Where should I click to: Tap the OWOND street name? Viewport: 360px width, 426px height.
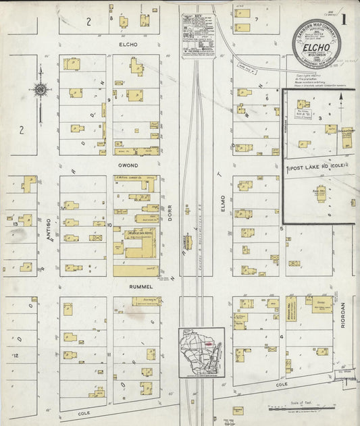click(x=128, y=165)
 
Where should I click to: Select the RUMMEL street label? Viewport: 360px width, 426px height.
click(x=137, y=287)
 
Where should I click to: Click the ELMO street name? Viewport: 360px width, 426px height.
click(x=222, y=205)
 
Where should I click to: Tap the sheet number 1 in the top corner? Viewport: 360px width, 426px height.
click(x=344, y=19)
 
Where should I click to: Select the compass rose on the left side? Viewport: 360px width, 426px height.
click(x=41, y=90)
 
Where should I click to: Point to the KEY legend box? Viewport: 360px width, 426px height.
click(x=197, y=36)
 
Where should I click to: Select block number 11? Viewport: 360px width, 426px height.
click(x=108, y=354)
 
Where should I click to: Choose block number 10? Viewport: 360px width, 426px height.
click(x=109, y=223)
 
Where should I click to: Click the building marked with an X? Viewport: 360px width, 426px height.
click(x=96, y=238)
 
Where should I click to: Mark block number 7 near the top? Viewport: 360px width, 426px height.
click(x=257, y=20)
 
